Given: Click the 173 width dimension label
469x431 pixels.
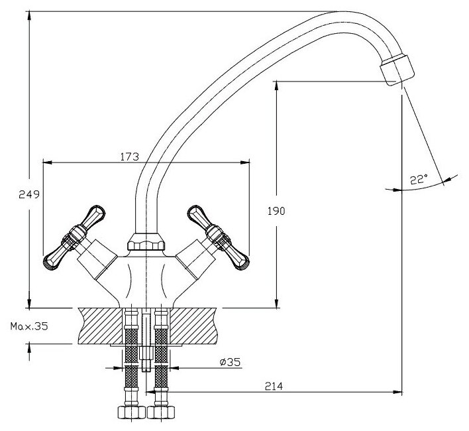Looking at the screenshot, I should click(x=129, y=156).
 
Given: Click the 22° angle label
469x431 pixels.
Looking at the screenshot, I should click(x=419, y=178).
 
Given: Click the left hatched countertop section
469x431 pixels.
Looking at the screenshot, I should click(x=99, y=325).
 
